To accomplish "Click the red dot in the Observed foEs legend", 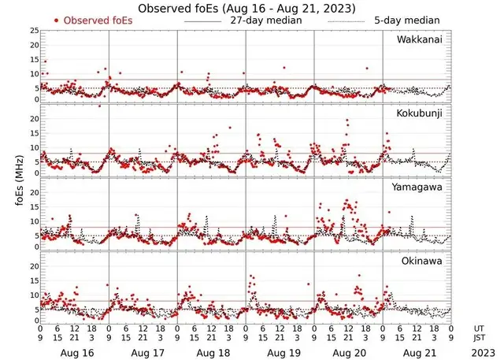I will [x=57, y=20].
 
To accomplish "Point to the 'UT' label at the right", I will [x=480, y=328].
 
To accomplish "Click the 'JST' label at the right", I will [x=480, y=339].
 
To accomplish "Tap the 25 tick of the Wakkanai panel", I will [x=34, y=30].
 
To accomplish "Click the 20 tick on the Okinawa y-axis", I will [x=34, y=266].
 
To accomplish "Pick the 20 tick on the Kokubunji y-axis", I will [x=34, y=118].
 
